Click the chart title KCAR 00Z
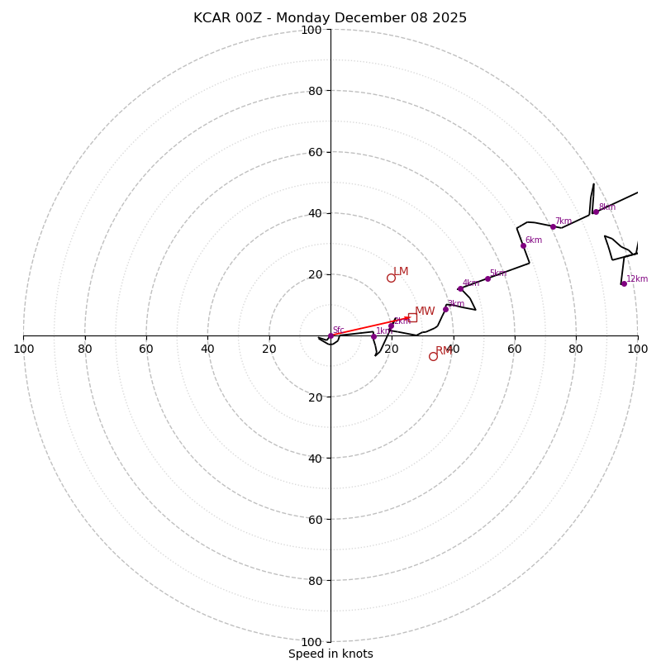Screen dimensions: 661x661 pos(330,18)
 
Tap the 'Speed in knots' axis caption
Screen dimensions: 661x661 pos(330,654)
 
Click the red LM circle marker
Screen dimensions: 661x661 pos(391,278)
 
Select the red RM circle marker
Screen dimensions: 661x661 pos(433,356)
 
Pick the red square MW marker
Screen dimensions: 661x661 pos(412,317)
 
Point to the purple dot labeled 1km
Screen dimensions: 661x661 pos(373,336)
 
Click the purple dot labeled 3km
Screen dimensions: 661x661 pos(445,309)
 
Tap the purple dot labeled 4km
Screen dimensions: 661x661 pos(460,288)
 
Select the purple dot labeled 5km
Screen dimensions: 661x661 pos(487,278)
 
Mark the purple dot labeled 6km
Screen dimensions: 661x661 pos(523,245)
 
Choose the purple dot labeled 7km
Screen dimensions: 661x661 pos(553,226)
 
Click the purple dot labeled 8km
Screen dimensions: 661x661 pos(596,212)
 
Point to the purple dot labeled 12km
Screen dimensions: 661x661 pos(624,283)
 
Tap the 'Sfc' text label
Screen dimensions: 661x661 pos(338,330)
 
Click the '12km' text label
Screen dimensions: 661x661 pos(637,279)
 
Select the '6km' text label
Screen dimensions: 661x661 pos(534,240)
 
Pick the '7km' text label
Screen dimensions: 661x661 pos(564,221)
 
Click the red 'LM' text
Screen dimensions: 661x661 pos(401,272)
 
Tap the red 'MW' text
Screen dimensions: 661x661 pos(425,311)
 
